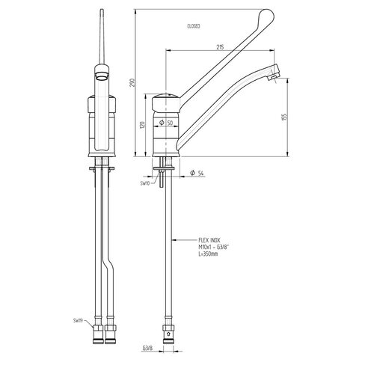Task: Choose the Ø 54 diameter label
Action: (x=197, y=174)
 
